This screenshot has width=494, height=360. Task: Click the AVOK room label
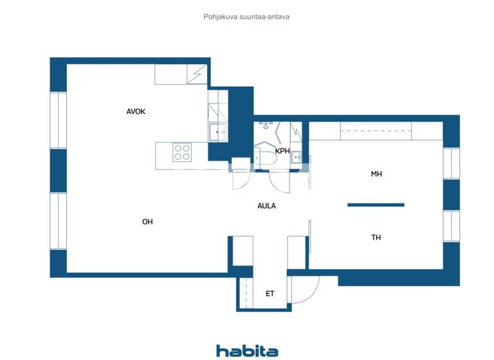(x=136, y=111)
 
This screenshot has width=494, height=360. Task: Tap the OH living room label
(x=147, y=222)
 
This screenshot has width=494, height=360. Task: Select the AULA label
(x=266, y=206)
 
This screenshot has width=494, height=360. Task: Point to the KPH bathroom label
(x=282, y=151)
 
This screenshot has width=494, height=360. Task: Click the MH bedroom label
(x=376, y=174)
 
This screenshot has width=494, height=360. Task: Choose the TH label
(x=376, y=237)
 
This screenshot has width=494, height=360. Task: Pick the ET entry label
(x=270, y=294)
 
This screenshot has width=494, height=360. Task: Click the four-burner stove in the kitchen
(x=182, y=152)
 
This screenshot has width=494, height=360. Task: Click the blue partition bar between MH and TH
(x=376, y=205)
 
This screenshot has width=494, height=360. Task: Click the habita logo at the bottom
(x=247, y=350)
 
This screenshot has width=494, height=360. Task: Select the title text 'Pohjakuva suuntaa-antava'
(x=246, y=17)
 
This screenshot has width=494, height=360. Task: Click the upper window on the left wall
(x=59, y=121)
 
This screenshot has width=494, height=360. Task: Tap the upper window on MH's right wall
(x=452, y=164)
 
